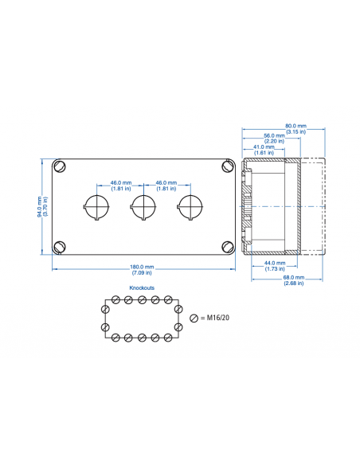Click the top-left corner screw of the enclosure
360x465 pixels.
[60, 166]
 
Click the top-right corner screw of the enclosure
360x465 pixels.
[226, 166]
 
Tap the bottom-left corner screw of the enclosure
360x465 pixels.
[60, 245]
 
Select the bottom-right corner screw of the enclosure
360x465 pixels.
[226, 245]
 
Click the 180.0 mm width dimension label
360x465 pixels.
[143, 267]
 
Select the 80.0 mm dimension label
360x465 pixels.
[295, 126]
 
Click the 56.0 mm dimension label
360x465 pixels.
[275, 135]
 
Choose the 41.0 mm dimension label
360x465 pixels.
[265, 147]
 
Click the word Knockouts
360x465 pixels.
[142, 287]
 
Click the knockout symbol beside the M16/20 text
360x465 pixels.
[194, 318]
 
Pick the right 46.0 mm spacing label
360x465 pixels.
[166, 182]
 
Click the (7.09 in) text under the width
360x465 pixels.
[143, 273]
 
